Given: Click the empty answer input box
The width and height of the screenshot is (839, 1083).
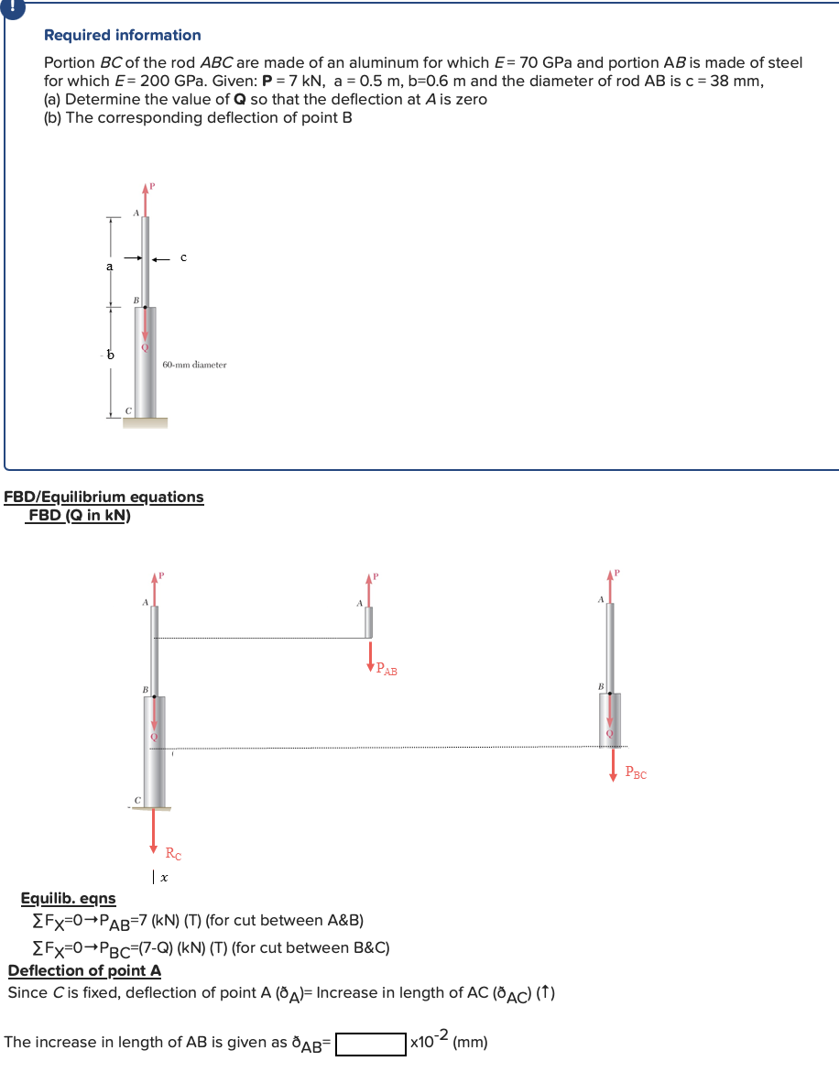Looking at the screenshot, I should tap(371, 1044).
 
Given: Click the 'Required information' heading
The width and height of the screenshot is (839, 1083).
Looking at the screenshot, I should tap(123, 35).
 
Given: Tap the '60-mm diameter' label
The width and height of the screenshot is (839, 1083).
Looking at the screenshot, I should tap(194, 365).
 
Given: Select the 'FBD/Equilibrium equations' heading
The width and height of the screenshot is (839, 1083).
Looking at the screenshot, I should tap(104, 497).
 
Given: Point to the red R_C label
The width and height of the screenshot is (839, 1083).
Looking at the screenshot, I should tap(173, 854).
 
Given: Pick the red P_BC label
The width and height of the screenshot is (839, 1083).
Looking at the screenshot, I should tap(636, 773).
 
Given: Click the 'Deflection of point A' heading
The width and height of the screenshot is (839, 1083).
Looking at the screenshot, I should tap(84, 970).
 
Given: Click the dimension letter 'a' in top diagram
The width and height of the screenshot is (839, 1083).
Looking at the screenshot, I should tap(109, 266).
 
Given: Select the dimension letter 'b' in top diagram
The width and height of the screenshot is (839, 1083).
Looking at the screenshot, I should tap(111, 354).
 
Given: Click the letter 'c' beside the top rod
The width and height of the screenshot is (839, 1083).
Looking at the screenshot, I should tap(183, 257).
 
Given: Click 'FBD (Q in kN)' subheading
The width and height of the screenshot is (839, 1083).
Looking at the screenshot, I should tap(79, 516).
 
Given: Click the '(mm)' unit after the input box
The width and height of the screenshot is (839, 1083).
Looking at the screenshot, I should tap(470, 1043).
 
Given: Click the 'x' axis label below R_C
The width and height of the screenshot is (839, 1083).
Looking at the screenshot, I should tap(163, 878).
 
